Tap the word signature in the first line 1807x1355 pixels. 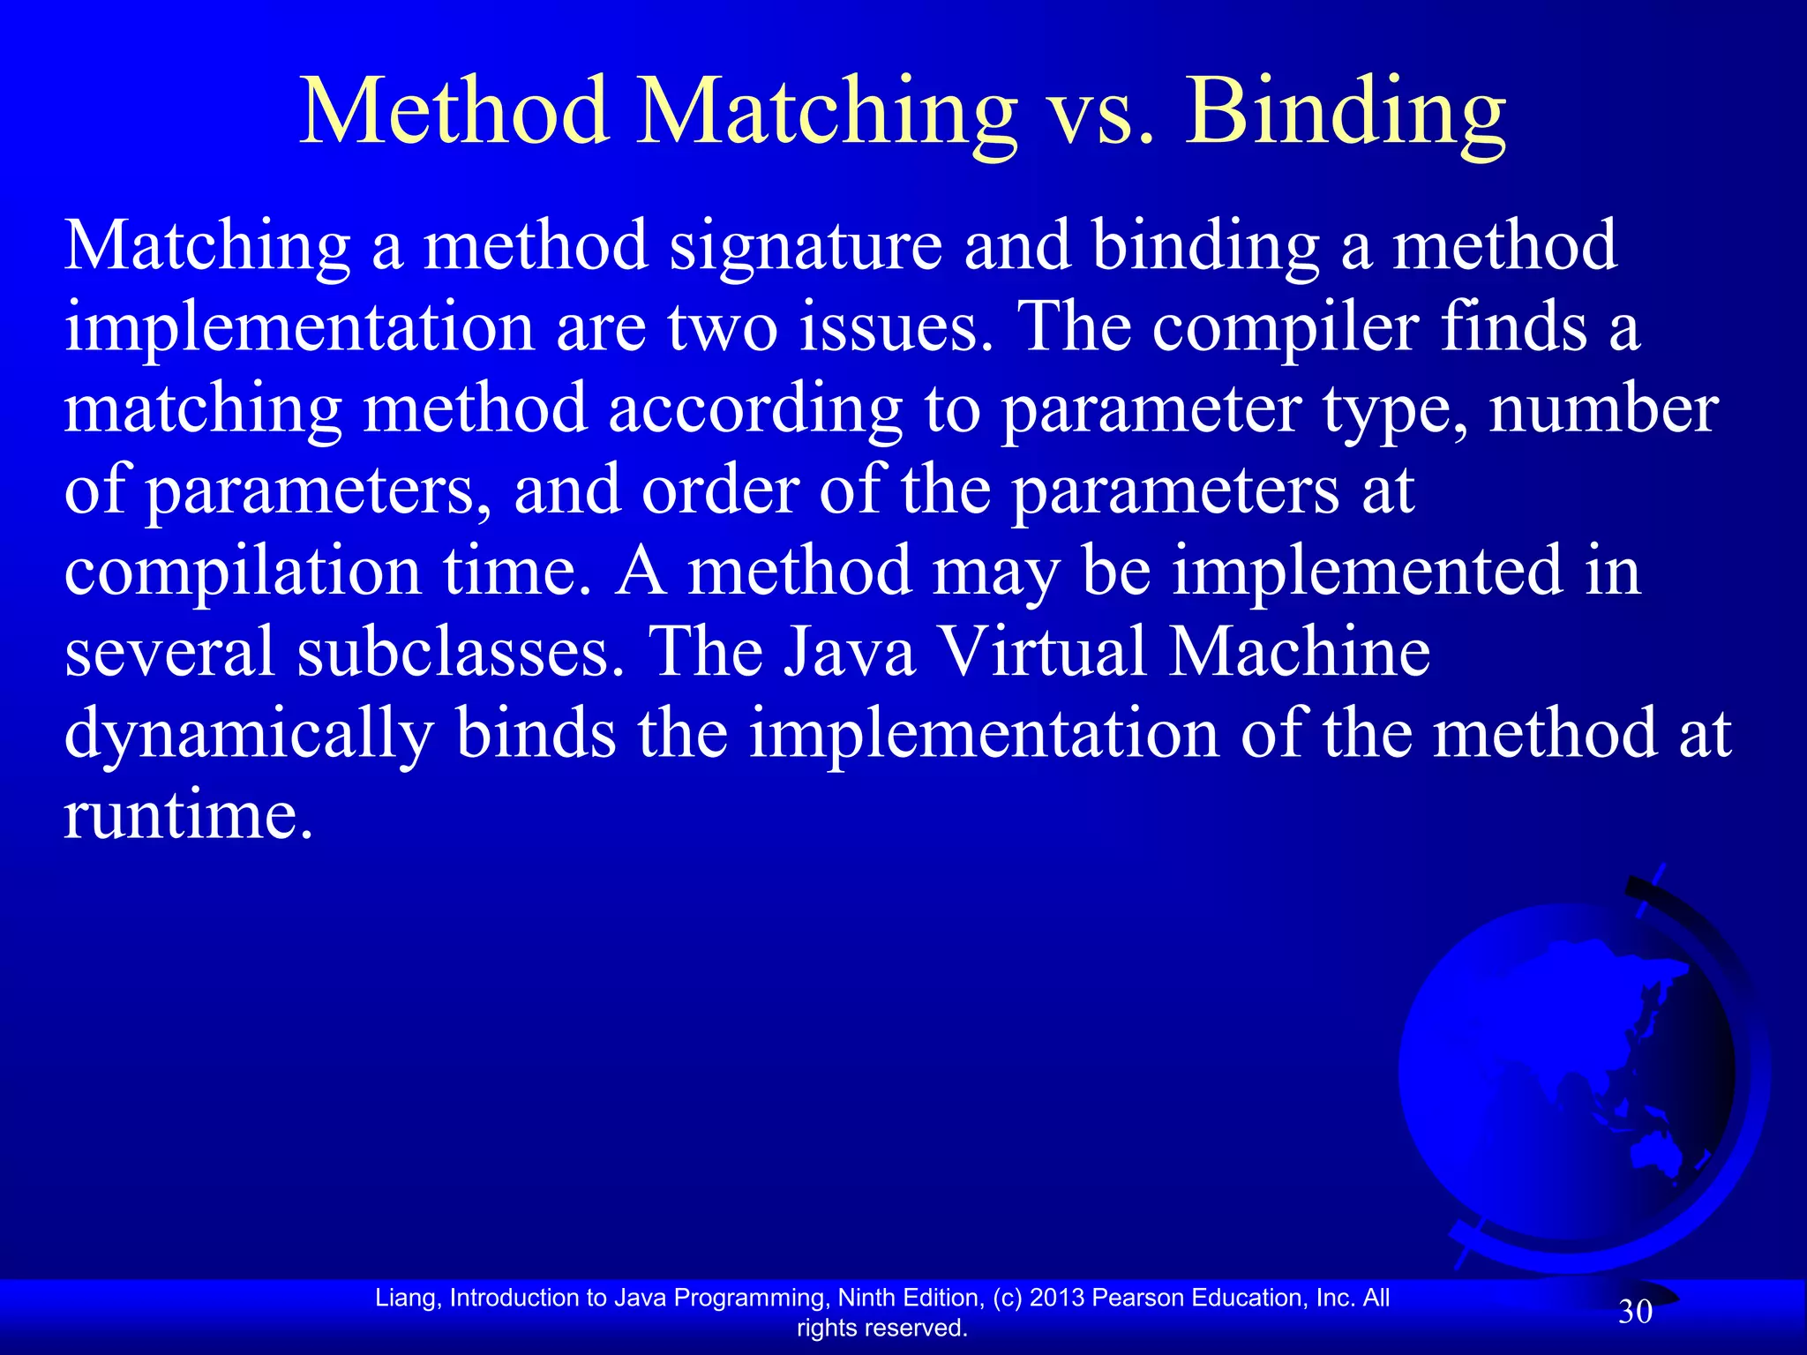[806, 247]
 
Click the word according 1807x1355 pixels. [755, 410]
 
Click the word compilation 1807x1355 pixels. [243, 572]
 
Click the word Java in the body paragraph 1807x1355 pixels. [850, 653]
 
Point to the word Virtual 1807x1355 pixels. [1043, 653]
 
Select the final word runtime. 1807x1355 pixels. [188, 816]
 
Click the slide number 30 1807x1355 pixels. [1635, 1312]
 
